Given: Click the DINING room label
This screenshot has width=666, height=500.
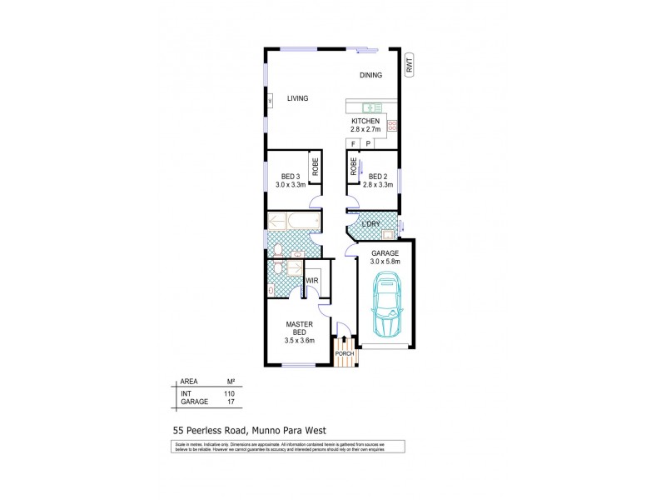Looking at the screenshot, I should [370, 75].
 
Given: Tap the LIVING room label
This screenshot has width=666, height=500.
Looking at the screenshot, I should [297, 98].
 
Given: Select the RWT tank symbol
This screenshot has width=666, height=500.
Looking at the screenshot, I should [410, 65].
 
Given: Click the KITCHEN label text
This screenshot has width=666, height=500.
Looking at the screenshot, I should [365, 122].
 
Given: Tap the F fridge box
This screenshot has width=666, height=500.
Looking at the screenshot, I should [353, 143].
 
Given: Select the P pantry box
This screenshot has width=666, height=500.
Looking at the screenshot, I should [368, 143].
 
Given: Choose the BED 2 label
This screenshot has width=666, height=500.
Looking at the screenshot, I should [378, 176].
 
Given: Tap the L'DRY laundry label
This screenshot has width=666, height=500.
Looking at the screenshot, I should [371, 225].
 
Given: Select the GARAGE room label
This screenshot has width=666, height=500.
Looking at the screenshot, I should [385, 252].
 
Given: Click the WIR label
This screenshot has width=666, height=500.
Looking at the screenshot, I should [313, 282].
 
